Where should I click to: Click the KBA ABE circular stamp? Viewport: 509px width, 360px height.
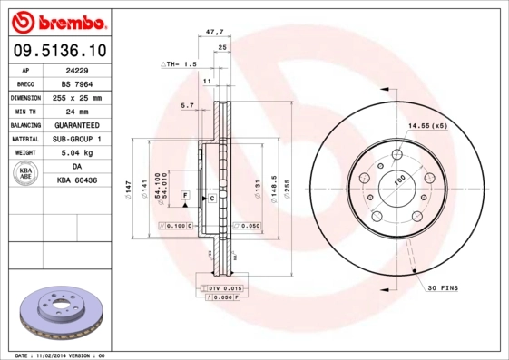tap(26, 173)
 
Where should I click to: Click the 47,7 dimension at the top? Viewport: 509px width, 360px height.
tap(215, 32)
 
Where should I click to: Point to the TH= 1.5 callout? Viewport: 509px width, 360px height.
tap(179, 64)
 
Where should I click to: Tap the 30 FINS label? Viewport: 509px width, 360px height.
tap(444, 287)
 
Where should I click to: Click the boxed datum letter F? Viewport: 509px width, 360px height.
tap(184, 196)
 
